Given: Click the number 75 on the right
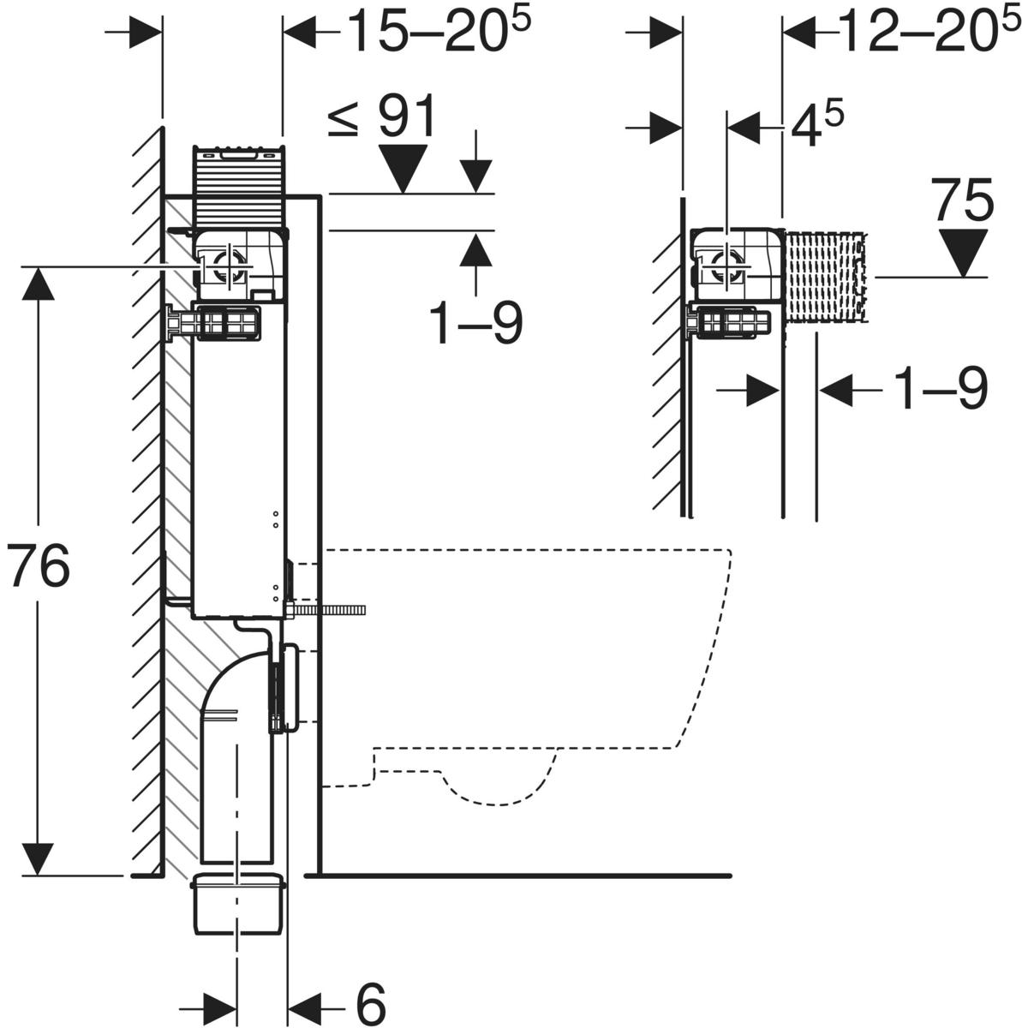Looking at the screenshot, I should pyautogui.click(x=963, y=202).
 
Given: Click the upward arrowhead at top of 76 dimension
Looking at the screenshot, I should pyautogui.click(x=37, y=283).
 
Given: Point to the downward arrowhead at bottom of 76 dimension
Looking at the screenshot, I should pyautogui.click(x=37, y=858).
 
